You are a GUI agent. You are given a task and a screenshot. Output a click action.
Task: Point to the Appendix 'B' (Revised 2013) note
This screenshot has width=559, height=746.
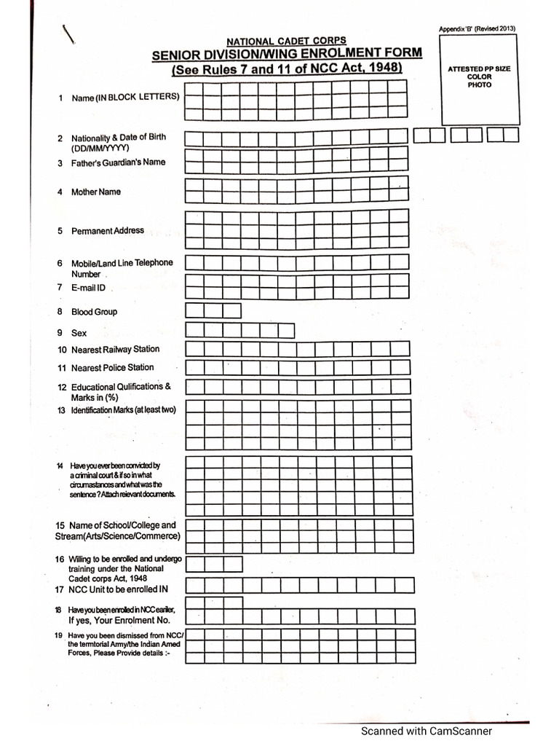[x=477, y=28]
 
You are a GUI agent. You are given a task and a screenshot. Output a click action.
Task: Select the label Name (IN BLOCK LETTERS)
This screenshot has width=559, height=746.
[x=125, y=97]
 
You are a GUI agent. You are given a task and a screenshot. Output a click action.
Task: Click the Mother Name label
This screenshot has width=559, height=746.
[x=95, y=192]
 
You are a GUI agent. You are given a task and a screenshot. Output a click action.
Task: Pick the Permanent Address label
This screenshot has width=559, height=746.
[x=107, y=231]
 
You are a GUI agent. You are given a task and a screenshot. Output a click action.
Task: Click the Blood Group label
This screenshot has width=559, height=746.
[x=94, y=312]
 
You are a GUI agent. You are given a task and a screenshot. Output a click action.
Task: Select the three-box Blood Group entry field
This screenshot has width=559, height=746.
[x=213, y=311]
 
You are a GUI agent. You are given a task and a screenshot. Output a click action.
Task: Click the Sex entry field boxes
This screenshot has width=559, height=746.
[x=240, y=331]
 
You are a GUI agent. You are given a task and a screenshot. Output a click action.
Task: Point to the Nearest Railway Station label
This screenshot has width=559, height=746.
[x=115, y=350]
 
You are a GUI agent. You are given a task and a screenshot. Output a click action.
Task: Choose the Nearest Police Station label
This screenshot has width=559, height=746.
[x=112, y=368]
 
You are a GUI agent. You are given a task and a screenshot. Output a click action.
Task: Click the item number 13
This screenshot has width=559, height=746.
[x=61, y=410]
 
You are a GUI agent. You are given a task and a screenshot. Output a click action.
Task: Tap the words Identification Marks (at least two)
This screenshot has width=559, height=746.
[x=123, y=410]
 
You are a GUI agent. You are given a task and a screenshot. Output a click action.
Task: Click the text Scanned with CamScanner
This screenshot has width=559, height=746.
[x=427, y=731]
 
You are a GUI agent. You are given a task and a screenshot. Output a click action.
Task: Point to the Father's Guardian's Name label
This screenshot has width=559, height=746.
[x=118, y=162]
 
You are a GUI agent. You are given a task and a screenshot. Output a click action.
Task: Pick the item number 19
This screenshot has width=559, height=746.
[x=58, y=636]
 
